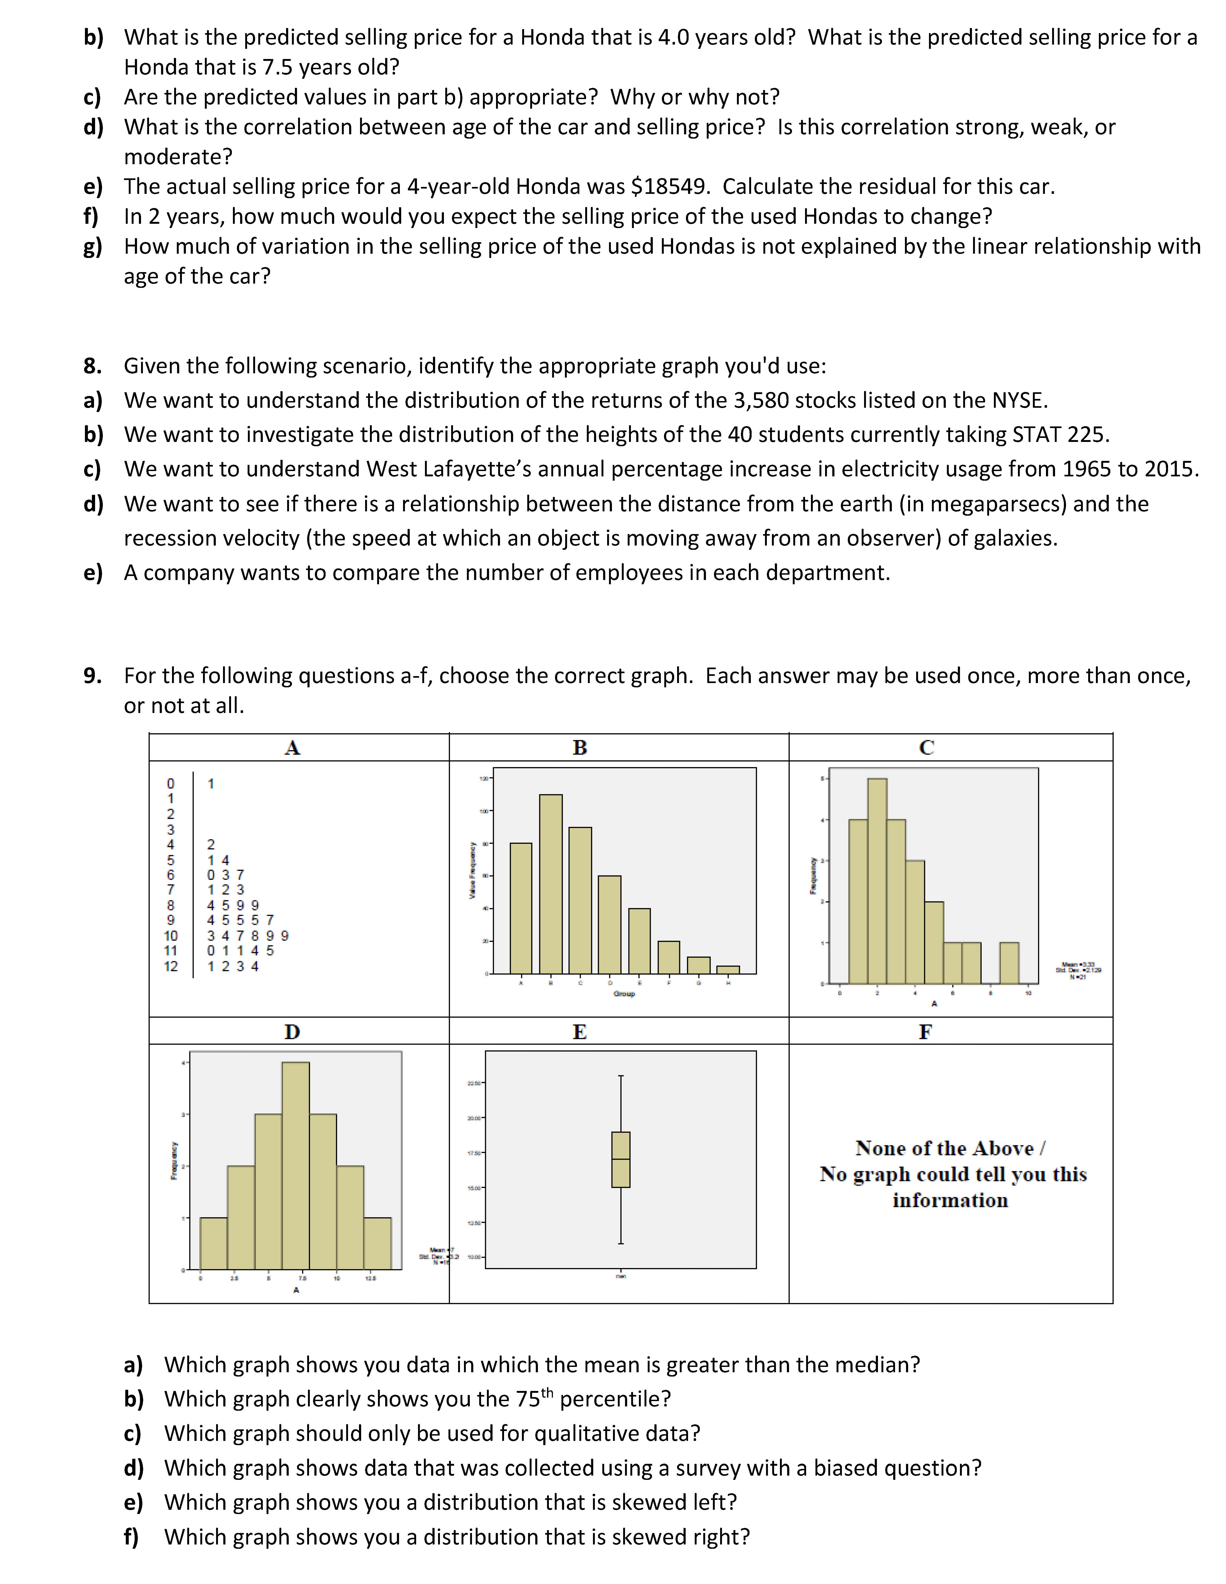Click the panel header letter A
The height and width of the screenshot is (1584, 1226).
292,748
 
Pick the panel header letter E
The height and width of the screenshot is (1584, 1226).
579,1032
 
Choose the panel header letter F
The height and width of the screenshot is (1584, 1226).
925,1032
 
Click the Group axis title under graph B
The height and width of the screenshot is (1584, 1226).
624,994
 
